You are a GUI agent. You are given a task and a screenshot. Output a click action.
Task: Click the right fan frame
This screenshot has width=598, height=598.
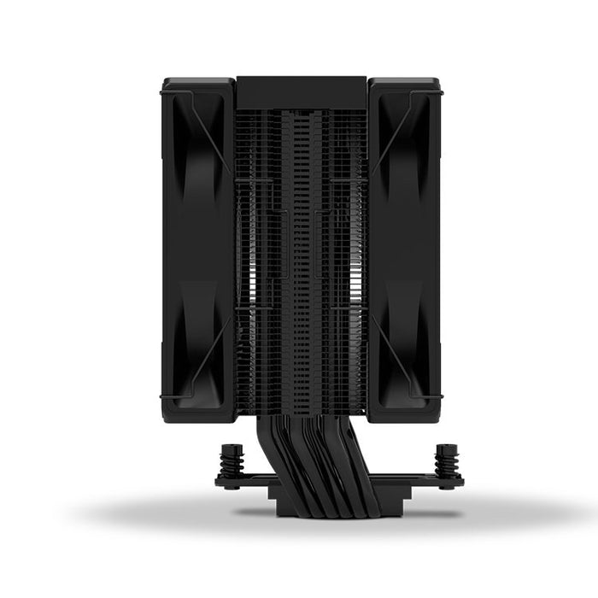pos(427,248)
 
